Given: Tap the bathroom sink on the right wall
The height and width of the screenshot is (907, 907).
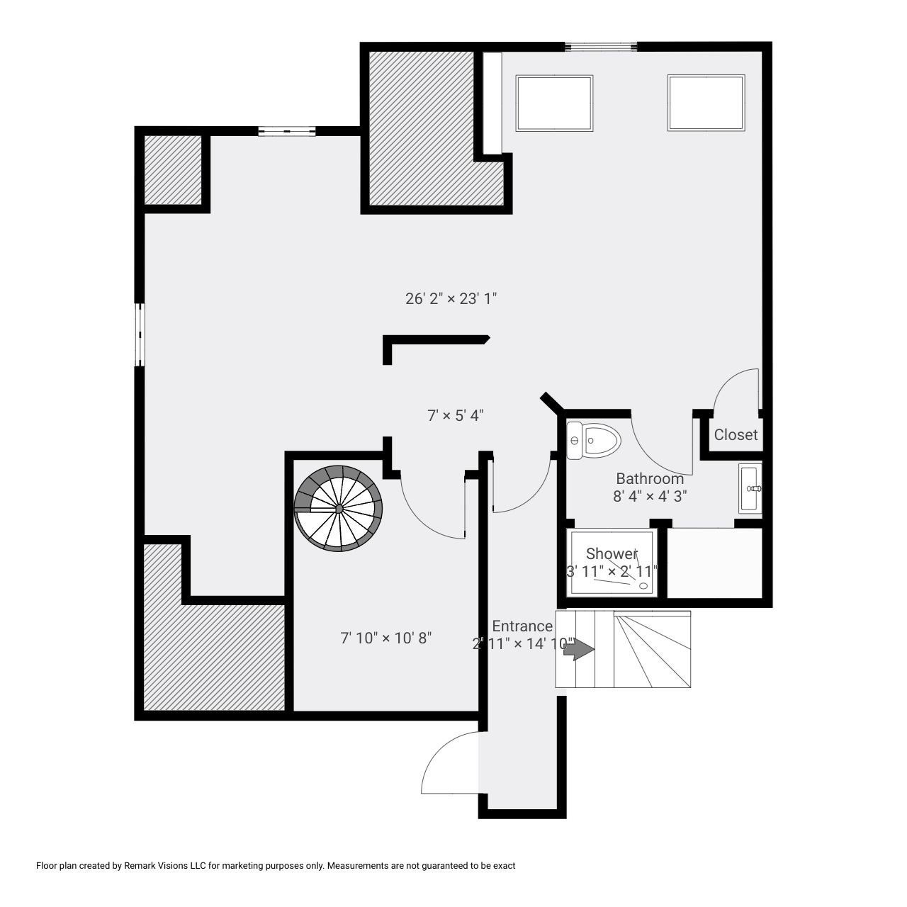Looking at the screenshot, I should tap(750, 488).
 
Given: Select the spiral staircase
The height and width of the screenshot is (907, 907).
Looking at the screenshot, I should tap(339, 507).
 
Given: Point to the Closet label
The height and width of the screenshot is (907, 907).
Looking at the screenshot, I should tap(736, 435).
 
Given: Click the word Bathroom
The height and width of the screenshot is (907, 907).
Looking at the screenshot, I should tap(649, 478).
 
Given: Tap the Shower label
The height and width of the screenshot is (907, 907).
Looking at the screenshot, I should tap(612, 553).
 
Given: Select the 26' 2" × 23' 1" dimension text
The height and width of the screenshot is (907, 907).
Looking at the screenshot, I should tap(451, 298).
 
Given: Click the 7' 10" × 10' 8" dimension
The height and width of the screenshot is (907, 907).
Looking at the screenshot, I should tap(386, 638).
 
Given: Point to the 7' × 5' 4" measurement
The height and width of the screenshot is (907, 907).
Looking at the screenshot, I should tap(455, 415).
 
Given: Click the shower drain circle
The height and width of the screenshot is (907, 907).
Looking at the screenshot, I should tap(643, 585).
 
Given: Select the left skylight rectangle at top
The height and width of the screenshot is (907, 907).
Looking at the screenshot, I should tap(554, 103).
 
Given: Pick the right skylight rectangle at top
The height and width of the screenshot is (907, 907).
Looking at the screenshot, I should tap(706, 103).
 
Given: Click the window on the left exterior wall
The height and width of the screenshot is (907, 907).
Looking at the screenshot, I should tap(140, 334).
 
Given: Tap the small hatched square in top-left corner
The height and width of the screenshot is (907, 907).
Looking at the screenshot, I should tap(173, 170).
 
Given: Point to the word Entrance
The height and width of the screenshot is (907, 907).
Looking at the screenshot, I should tap(522, 626).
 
